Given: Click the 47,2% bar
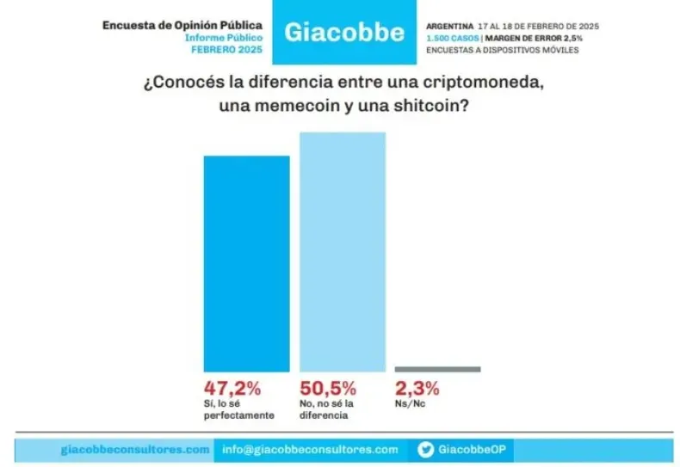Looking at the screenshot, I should [246, 262].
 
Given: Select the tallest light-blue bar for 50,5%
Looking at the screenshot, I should [342, 251].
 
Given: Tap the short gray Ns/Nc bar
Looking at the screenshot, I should [437, 369].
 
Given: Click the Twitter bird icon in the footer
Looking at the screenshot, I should [425, 449].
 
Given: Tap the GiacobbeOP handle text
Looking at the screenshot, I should [471, 449].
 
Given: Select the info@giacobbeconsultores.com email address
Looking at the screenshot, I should [310, 449].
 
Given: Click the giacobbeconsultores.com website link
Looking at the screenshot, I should [135, 449].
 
